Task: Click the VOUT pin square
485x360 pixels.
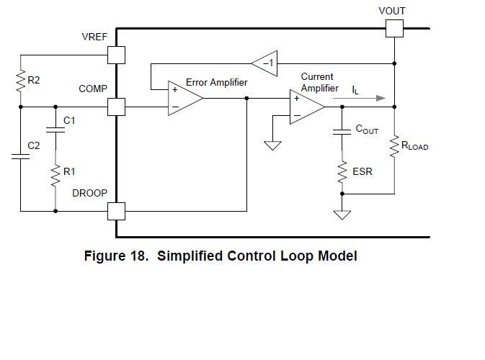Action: click(393, 28)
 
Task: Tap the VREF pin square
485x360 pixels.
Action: click(116, 55)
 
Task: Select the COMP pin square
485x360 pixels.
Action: click(116, 107)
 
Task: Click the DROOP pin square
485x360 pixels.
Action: click(116, 211)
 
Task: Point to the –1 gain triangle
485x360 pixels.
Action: click(265, 63)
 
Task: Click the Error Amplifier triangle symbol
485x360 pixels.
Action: click(184, 98)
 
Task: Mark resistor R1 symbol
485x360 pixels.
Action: click(55, 174)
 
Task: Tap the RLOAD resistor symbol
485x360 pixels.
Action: click(394, 147)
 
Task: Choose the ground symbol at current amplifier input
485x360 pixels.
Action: click(272, 146)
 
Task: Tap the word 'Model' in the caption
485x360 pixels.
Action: click(337, 256)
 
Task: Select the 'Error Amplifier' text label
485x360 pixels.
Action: click(216, 83)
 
